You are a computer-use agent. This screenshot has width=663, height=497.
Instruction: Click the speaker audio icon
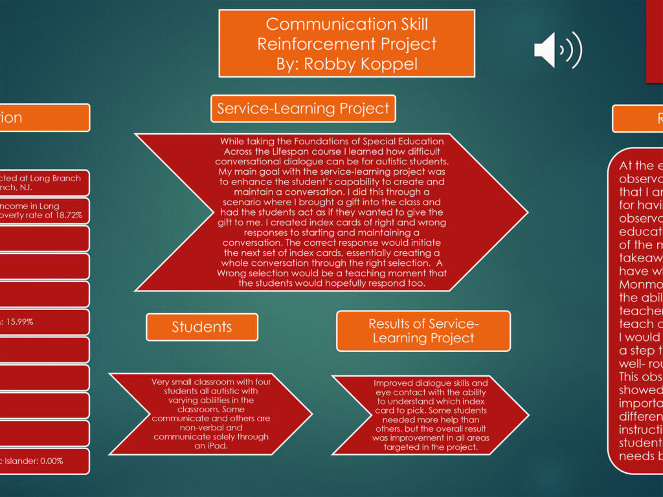[x=557, y=50]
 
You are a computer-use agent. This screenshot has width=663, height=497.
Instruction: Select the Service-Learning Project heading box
[x=303, y=108]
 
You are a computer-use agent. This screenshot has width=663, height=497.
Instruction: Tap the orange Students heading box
[x=202, y=327]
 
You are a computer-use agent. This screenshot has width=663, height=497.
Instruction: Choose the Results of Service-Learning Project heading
[x=423, y=331]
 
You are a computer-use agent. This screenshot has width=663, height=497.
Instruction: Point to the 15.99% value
[x=20, y=322]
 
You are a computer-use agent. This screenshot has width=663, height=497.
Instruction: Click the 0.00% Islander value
[x=56, y=461]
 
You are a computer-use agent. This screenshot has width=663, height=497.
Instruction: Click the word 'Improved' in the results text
[x=392, y=383]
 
